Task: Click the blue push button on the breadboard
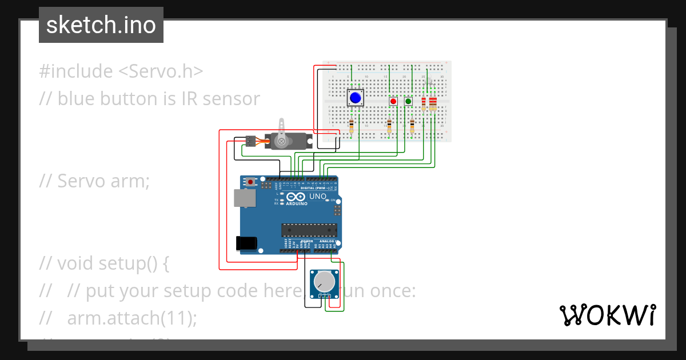tap(356, 98)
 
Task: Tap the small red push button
tap(393, 101)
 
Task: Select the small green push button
tap(408, 101)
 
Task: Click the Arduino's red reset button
tap(250, 182)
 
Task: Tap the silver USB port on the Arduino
tap(245, 198)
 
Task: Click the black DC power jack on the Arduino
tap(246, 243)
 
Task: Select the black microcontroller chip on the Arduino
tap(309, 230)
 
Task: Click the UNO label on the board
tap(318, 197)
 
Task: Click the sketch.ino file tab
tap(101, 25)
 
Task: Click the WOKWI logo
tap(607, 315)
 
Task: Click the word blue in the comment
tap(77, 99)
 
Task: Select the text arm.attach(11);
tap(131, 318)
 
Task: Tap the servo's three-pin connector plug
tap(250, 141)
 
